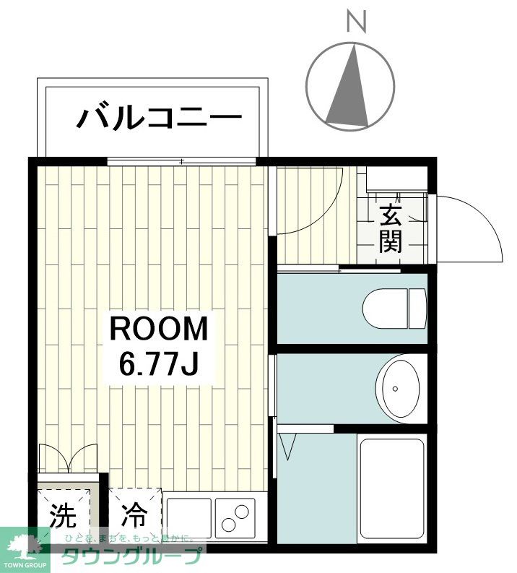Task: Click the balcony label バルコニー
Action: pos(158,117)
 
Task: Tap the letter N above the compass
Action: pos(356,22)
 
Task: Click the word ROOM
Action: pos(158,329)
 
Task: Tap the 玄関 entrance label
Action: pos(391,228)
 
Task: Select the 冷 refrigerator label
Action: pos(134,514)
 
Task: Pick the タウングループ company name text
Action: pos(130,558)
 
